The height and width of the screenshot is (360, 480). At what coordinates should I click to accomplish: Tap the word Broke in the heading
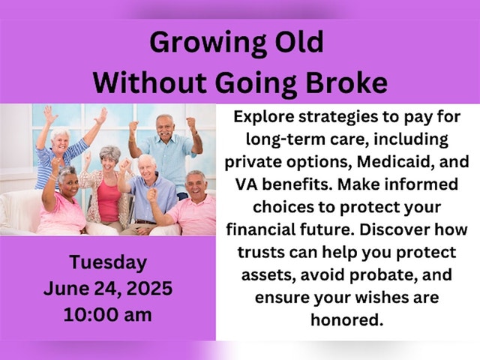(x=346, y=82)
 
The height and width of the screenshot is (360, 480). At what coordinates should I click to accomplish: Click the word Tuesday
(x=108, y=262)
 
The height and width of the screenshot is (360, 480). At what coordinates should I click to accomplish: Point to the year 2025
(x=149, y=288)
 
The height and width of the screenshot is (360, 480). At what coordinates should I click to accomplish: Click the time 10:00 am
(x=108, y=314)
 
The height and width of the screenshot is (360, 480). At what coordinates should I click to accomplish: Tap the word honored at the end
(x=347, y=320)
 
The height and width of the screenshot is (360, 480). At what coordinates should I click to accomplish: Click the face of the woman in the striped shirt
(x=61, y=140)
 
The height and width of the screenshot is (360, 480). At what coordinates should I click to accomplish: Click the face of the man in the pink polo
(x=195, y=184)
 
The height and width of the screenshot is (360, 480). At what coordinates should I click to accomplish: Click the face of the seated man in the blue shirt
(x=147, y=166)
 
